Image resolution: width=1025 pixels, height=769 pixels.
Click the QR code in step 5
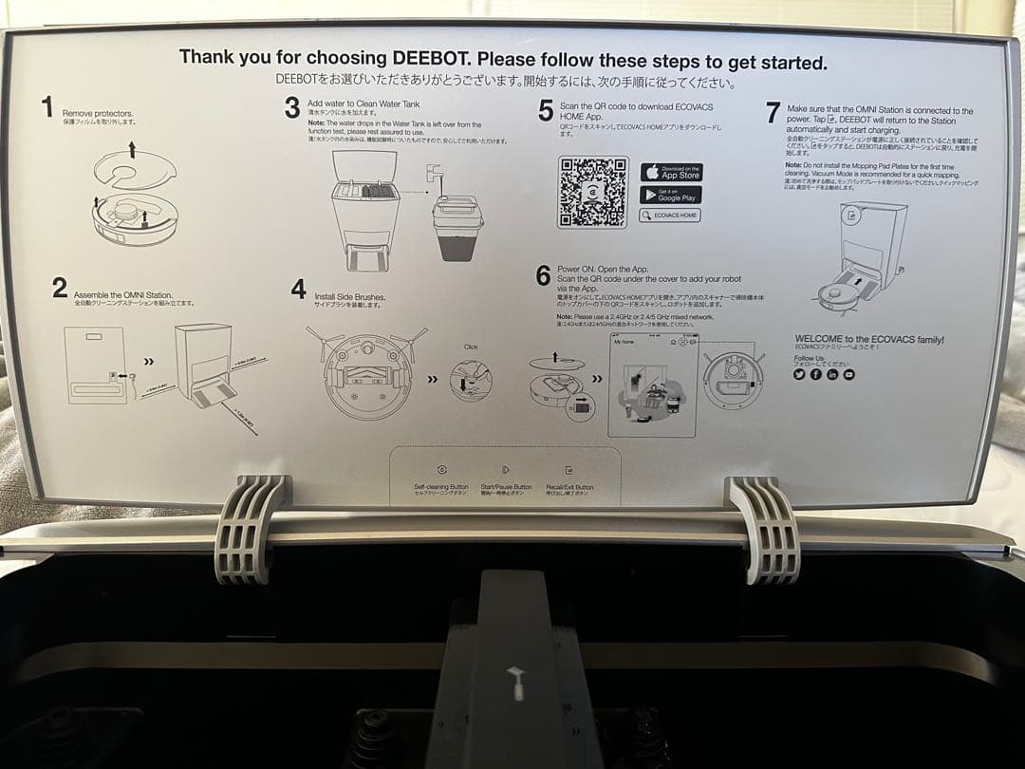pos(592,192)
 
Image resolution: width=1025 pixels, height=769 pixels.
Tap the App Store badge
pos(671,173)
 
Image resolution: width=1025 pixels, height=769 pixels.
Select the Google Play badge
pos(671,195)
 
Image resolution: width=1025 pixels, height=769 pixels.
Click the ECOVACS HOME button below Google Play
pos(670,216)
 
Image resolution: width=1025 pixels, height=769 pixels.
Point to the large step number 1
pos(47,108)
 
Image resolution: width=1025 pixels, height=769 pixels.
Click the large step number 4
pos(299,291)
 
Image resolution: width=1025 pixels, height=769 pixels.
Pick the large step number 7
pos(773,113)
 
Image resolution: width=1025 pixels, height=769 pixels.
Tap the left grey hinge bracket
pos(250,528)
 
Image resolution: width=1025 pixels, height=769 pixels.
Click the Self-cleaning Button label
pos(441,489)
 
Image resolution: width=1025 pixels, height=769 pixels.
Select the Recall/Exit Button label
pos(569,489)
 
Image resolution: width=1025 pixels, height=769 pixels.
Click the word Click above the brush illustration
pos(471,347)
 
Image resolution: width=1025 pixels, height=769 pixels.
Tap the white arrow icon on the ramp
pos(517,681)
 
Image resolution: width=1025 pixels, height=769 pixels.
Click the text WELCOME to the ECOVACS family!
pos(868,339)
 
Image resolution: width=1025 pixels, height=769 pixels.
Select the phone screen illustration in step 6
pos(652,384)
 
